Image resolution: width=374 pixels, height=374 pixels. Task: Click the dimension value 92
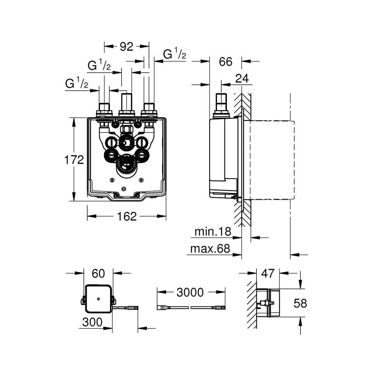tap(126, 46)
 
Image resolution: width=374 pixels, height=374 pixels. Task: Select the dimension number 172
tap(74, 160)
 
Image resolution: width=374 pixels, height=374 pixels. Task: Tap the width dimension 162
tap(127, 216)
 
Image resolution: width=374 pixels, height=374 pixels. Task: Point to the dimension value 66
tap(226, 62)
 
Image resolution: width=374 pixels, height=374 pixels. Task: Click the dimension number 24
tap(242, 79)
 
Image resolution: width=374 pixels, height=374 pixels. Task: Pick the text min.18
tap(213, 232)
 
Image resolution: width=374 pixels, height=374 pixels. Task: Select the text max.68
tap(210, 249)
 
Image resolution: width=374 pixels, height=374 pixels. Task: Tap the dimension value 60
tap(98, 273)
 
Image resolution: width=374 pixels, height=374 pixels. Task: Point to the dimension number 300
tap(92, 322)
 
